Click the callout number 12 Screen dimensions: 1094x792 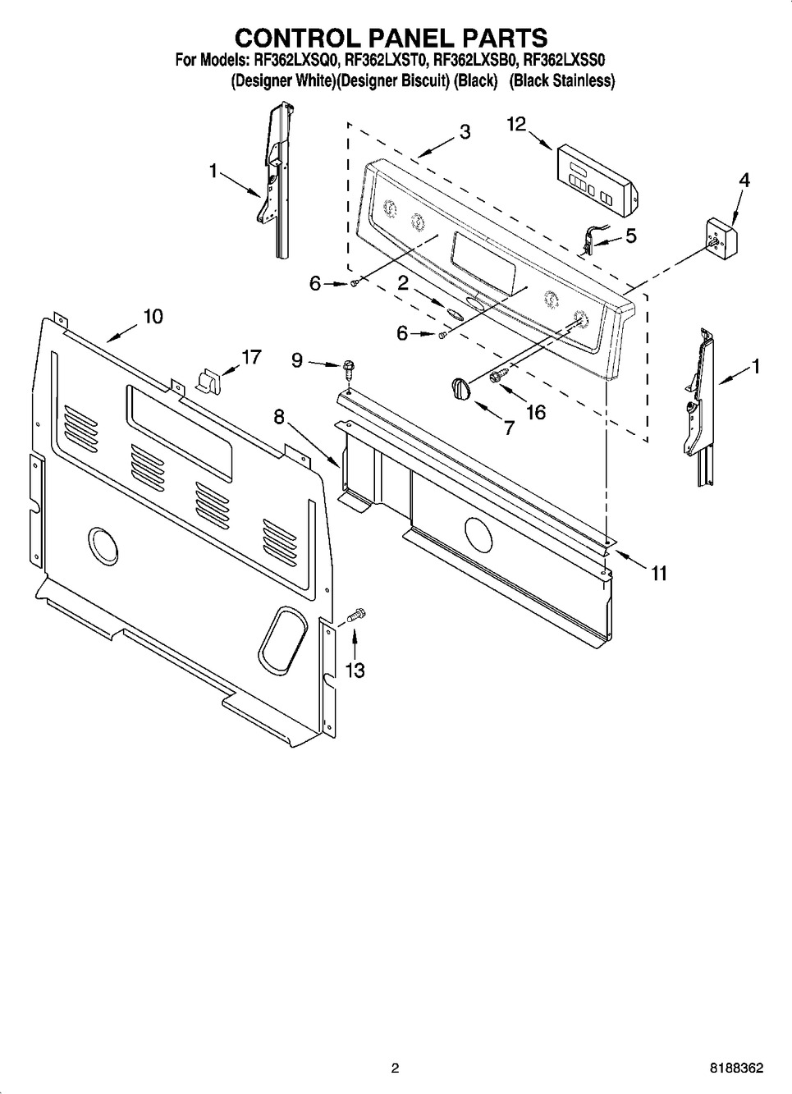(515, 124)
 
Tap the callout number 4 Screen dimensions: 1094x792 (744, 180)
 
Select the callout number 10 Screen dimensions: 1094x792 (153, 316)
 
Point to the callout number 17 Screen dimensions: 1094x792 (250, 357)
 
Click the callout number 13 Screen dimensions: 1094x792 (355, 670)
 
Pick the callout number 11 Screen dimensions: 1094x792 (658, 573)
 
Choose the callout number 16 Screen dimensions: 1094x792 (535, 411)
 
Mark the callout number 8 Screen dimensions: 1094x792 (279, 418)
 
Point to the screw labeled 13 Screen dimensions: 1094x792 (357, 614)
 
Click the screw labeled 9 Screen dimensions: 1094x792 (349, 367)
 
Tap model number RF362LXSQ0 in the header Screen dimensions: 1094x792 (295, 60)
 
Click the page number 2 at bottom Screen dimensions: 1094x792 (395, 1069)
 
